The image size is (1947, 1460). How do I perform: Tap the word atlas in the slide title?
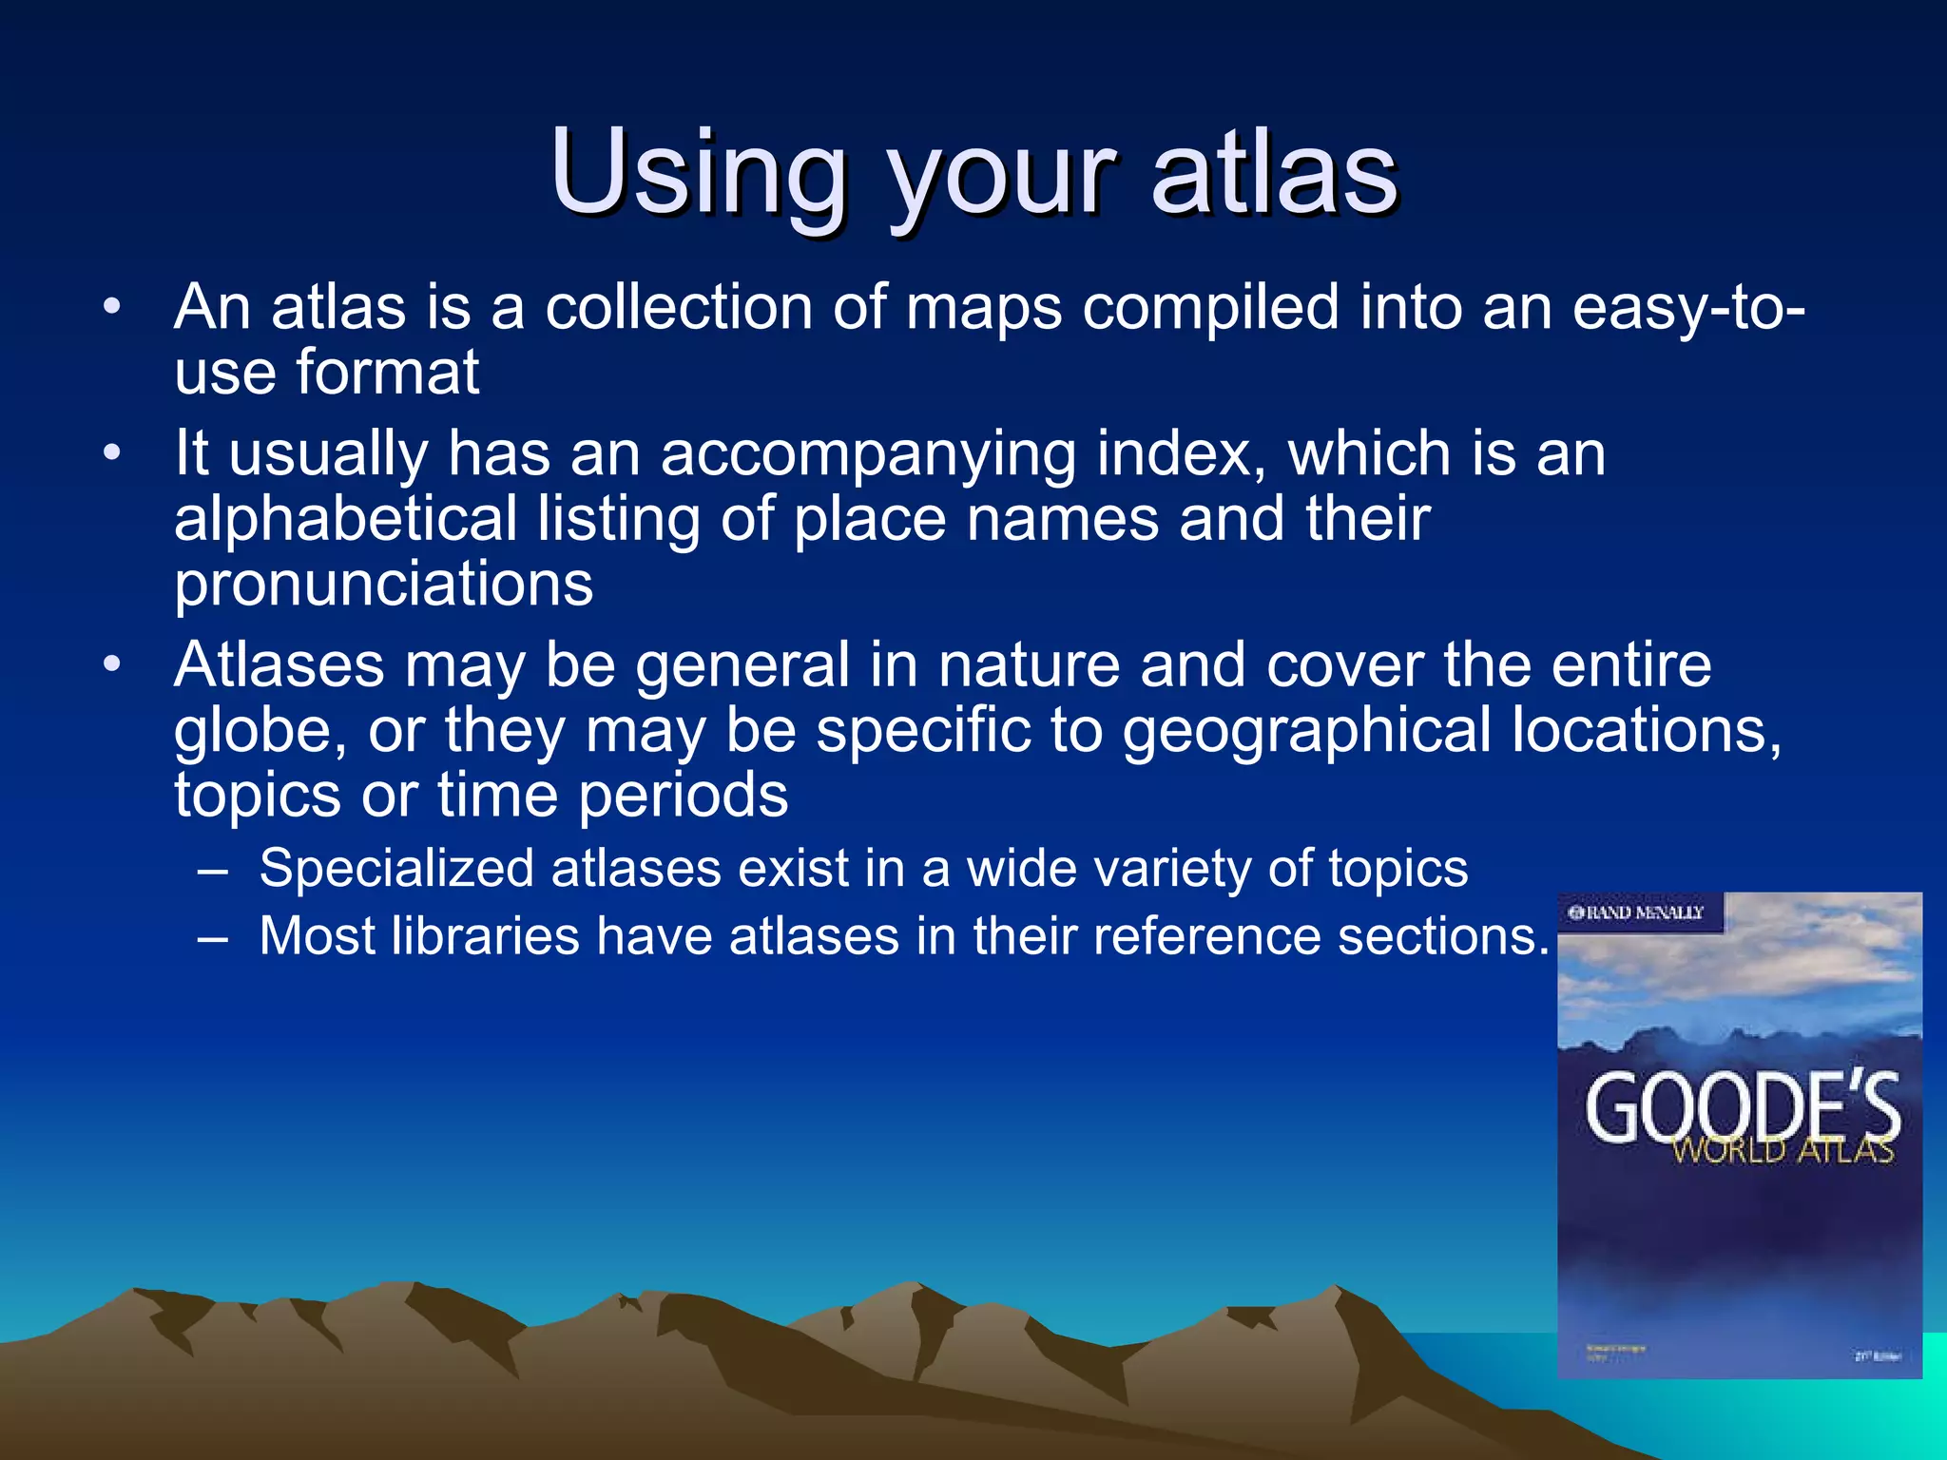[x=1274, y=173]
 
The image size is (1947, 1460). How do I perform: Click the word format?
[x=388, y=372]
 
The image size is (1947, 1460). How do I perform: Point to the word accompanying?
[x=868, y=453]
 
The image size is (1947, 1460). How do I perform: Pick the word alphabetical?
[x=346, y=519]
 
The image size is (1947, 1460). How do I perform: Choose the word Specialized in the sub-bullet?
[x=396, y=869]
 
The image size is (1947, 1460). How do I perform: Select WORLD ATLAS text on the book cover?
[x=1783, y=1151]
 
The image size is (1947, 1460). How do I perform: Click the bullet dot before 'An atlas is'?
[x=112, y=307]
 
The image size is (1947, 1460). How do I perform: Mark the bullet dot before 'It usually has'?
[x=112, y=453]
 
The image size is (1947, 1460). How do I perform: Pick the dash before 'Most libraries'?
[x=213, y=937]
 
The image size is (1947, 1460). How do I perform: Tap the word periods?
[x=684, y=796]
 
